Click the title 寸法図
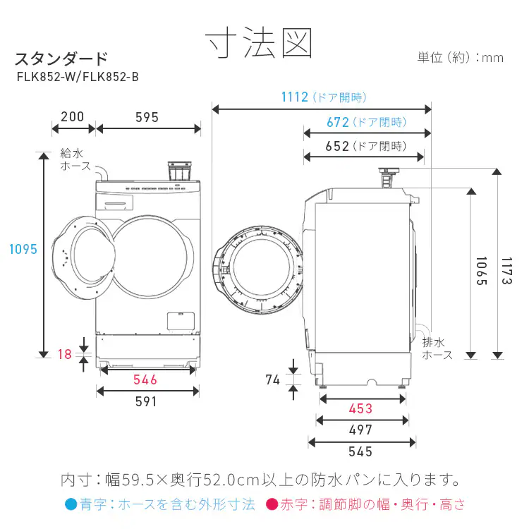tap(259, 44)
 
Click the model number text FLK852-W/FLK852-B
tap(77, 78)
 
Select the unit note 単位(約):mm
tap(460, 57)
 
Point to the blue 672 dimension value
tap(338, 122)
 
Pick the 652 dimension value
tap(338, 146)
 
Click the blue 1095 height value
tap(23, 249)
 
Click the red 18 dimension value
tap(65, 355)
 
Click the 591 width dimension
tap(145, 401)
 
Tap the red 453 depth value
tap(360, 409)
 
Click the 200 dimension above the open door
tap(72, 117)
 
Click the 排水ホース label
tap(437, 348)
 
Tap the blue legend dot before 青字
tap(70, 504)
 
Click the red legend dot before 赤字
tap(271, 504)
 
